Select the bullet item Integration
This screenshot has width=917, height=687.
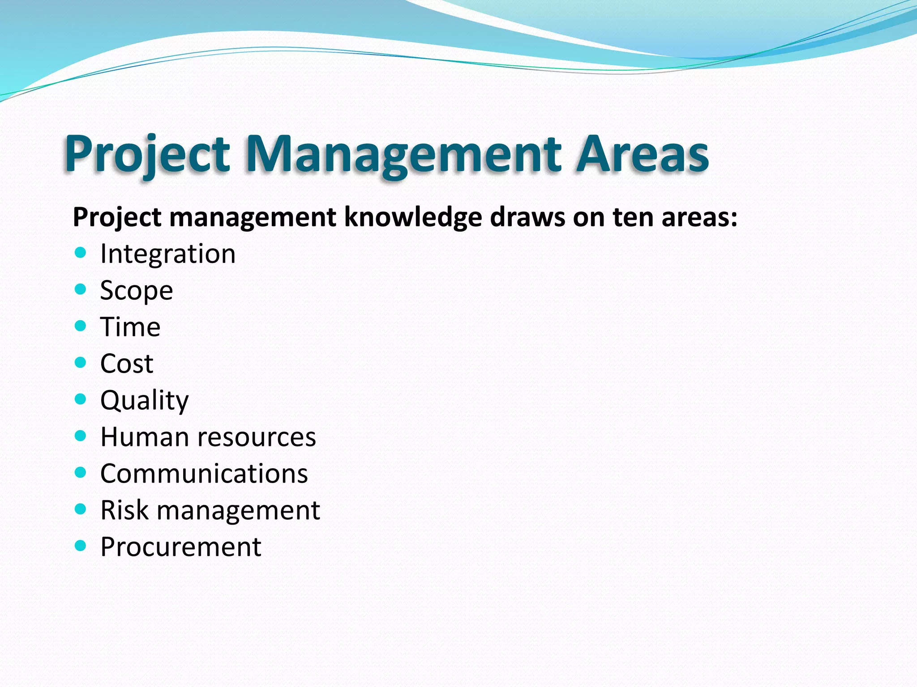tap(168, 254)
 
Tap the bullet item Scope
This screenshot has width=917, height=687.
tap(137, 291)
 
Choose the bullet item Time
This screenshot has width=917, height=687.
tap(130, 327)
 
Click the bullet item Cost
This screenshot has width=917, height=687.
tap(127, 364)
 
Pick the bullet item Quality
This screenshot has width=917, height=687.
tap(145, 400)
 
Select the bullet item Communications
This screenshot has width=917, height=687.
tap(204, 474)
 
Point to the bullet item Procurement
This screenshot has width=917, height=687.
tap(181, 547)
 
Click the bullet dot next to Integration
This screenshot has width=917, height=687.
tap(80, 253)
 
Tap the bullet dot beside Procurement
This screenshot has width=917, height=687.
tap(80, 545)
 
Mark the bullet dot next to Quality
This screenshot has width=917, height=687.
tap(80, 399)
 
